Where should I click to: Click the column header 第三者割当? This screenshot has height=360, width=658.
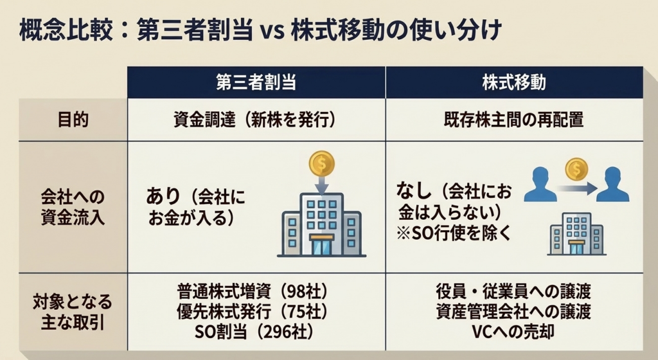pyautogui.click(x=256, y=82)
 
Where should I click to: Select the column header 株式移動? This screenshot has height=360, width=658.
pyautogui.click(x=514, y=82)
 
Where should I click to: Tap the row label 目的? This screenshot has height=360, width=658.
pyautogui.click(x=73, y=120)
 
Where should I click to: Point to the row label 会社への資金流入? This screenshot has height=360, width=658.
pyautogui.click(x=73, y=207)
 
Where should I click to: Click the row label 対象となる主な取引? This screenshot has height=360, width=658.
pyautogui.click(x=73, y=312)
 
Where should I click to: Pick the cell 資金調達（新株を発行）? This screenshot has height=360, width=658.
pyautogui.click(x=256, y=120)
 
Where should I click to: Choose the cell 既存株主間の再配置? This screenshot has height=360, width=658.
pyautogui.click(x=513, y=120)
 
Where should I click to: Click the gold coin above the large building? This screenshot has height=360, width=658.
pyautogui.click(x=322, y=164)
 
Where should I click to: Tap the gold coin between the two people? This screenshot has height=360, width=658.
pyautogui.click(x=576, y=169)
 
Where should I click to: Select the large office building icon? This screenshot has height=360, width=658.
pyautogui.click(x=322, y=225)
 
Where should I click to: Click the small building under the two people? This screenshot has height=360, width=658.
pyautogui.click(x=576, y=234)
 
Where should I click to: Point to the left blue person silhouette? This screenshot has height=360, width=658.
pyautogui.click(x=540, y=184)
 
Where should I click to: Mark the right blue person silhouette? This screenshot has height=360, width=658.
pyautogui.click(x=612, y=184)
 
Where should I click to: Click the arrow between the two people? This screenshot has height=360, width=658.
pyautogui.click(x=577, y=188)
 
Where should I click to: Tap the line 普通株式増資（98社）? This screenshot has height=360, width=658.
pyautogui.click(x=252, y=291)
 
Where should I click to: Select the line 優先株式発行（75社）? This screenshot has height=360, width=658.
pyautogui.click(x=252, y=311)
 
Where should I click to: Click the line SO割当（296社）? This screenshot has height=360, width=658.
pyautogui.click(x=254, y=332)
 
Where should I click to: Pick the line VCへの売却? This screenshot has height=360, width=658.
pyautogui.click(x=513, y=332)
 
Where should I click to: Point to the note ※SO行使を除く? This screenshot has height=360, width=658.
pyautogui.click(x=454, y=233)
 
